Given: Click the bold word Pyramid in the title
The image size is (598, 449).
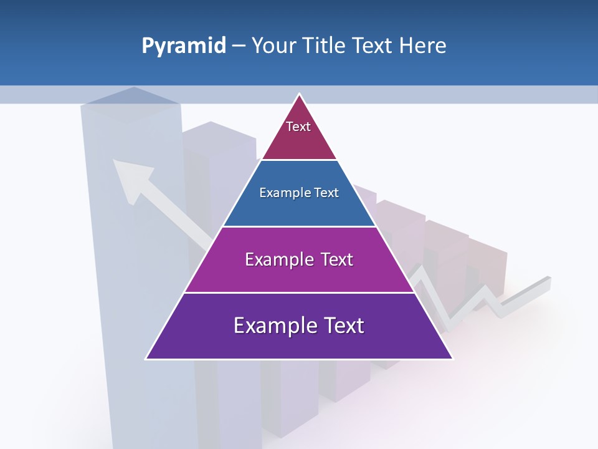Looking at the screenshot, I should pyautogui.click(x=184, y=46).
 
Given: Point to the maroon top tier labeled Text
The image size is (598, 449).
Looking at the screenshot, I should pyautogui.click(x=298, y=134).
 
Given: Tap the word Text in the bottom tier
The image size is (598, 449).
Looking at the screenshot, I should pyautogui.click(x=342, y=326).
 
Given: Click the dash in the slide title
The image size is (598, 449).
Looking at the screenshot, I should pyautogui.click(x=239, y=46).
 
